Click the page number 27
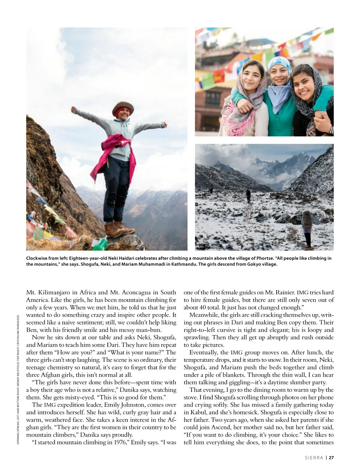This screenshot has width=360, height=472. pyautogui.click(x=331, y=458)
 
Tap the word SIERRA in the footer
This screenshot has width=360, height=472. pyautogui.click(x=314, y=458)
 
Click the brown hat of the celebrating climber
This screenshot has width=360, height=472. pyautogui.click(x=123, y=106)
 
